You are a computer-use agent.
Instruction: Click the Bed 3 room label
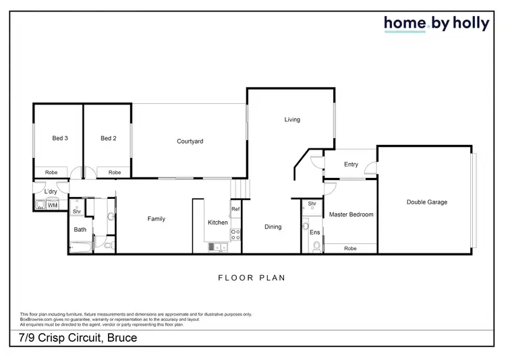click(60, 139)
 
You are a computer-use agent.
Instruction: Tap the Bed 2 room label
click(109, 139)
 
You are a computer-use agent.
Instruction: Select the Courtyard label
click(190, 142)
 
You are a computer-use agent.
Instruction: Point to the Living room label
click(291, 120)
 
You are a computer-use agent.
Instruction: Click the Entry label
click(351, 164)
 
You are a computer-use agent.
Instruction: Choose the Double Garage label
click(426, 202)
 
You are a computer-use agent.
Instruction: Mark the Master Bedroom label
click(351, 215)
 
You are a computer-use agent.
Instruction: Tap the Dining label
click(273, 227)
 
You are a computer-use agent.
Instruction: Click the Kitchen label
click(218, 223)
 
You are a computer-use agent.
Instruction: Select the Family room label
click(157, 219)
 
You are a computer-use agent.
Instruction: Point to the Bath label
click(80, 230)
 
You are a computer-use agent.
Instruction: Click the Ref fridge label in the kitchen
click(235, 209)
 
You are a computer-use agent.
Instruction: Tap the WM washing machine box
click(53, 205)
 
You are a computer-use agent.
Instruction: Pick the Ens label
click(314, 233)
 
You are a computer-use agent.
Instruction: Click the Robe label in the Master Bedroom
click(350, 249)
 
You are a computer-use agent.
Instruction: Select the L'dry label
click(50, 192)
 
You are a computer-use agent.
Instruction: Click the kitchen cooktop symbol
click(236, 235)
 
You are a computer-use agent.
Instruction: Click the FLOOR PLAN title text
click(252, 278)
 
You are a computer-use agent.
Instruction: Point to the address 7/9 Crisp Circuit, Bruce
click(78, 337)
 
